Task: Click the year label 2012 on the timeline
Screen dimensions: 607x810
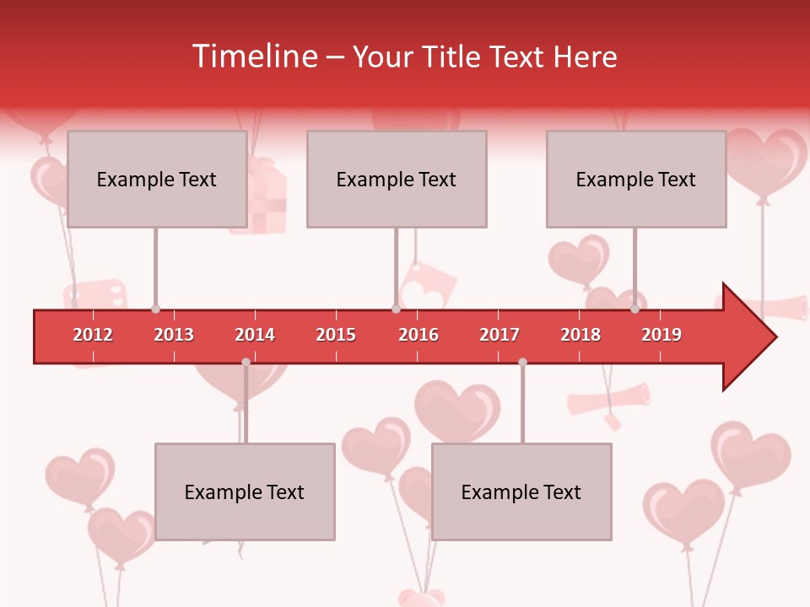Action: (x=93, y=335)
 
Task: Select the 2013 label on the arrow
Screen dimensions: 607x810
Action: (x=174, y=335)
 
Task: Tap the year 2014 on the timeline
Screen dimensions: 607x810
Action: (x=255, y=335)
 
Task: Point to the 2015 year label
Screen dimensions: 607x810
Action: (x=336, y=335)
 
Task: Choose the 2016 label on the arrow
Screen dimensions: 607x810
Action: (x=418, y=335)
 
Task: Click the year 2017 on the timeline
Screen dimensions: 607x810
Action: (x=499, y=335)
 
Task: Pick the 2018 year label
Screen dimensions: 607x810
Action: (x=580, y=335)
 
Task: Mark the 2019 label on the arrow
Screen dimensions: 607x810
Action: (x=661, y=335)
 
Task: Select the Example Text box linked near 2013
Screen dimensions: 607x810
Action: (x=157, y=179)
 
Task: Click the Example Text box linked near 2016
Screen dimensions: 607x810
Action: (x=397, y=179)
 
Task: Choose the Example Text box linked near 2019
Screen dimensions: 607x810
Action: (x=636, y=179)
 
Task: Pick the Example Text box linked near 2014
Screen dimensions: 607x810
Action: (x=245, y=492)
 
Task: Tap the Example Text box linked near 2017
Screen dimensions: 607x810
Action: (x=521, y=492)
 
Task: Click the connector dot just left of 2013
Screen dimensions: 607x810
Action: (x=155, y=309)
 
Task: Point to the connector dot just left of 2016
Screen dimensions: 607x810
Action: (x=396, y=309)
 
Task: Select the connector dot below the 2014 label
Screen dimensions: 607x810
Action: (x=246, y=362)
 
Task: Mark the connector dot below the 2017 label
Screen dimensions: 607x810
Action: (x=522, y=362)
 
